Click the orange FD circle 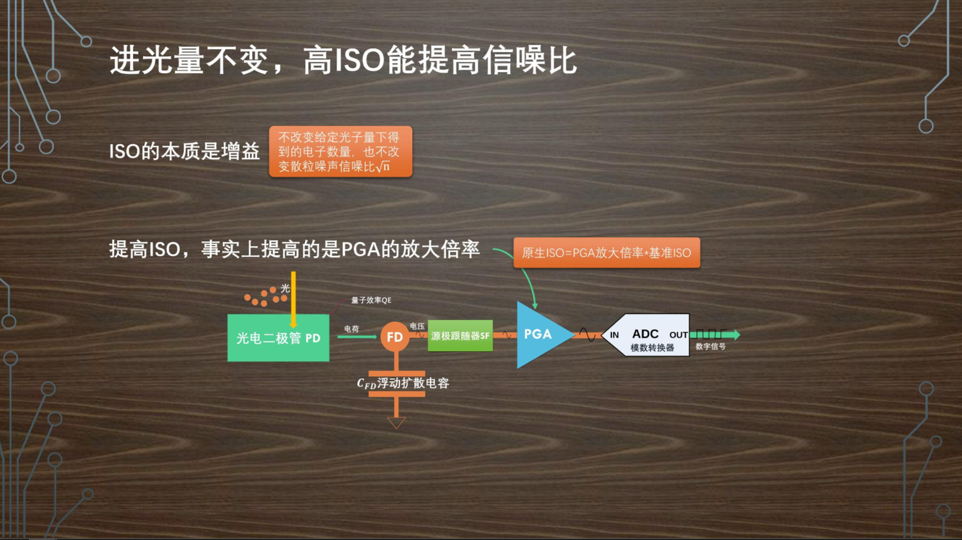(394, 336)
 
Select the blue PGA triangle (539, 335)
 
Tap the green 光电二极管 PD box (278, 338)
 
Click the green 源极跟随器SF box (460, 336)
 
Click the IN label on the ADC (614, 335)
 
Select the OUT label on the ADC (678, 335)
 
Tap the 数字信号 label (710, 346)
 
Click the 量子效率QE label (371, 300)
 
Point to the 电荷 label (351, 329)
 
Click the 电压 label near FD (417, 326)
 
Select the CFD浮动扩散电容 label (403, 383)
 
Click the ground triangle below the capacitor (396, 423)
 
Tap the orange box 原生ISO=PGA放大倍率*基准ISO (606, 253)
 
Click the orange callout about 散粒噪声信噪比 (340, 152)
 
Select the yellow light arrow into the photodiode (294, 298)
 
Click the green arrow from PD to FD (357, 336)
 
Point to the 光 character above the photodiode (285, 288)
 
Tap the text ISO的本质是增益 (184, 152)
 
